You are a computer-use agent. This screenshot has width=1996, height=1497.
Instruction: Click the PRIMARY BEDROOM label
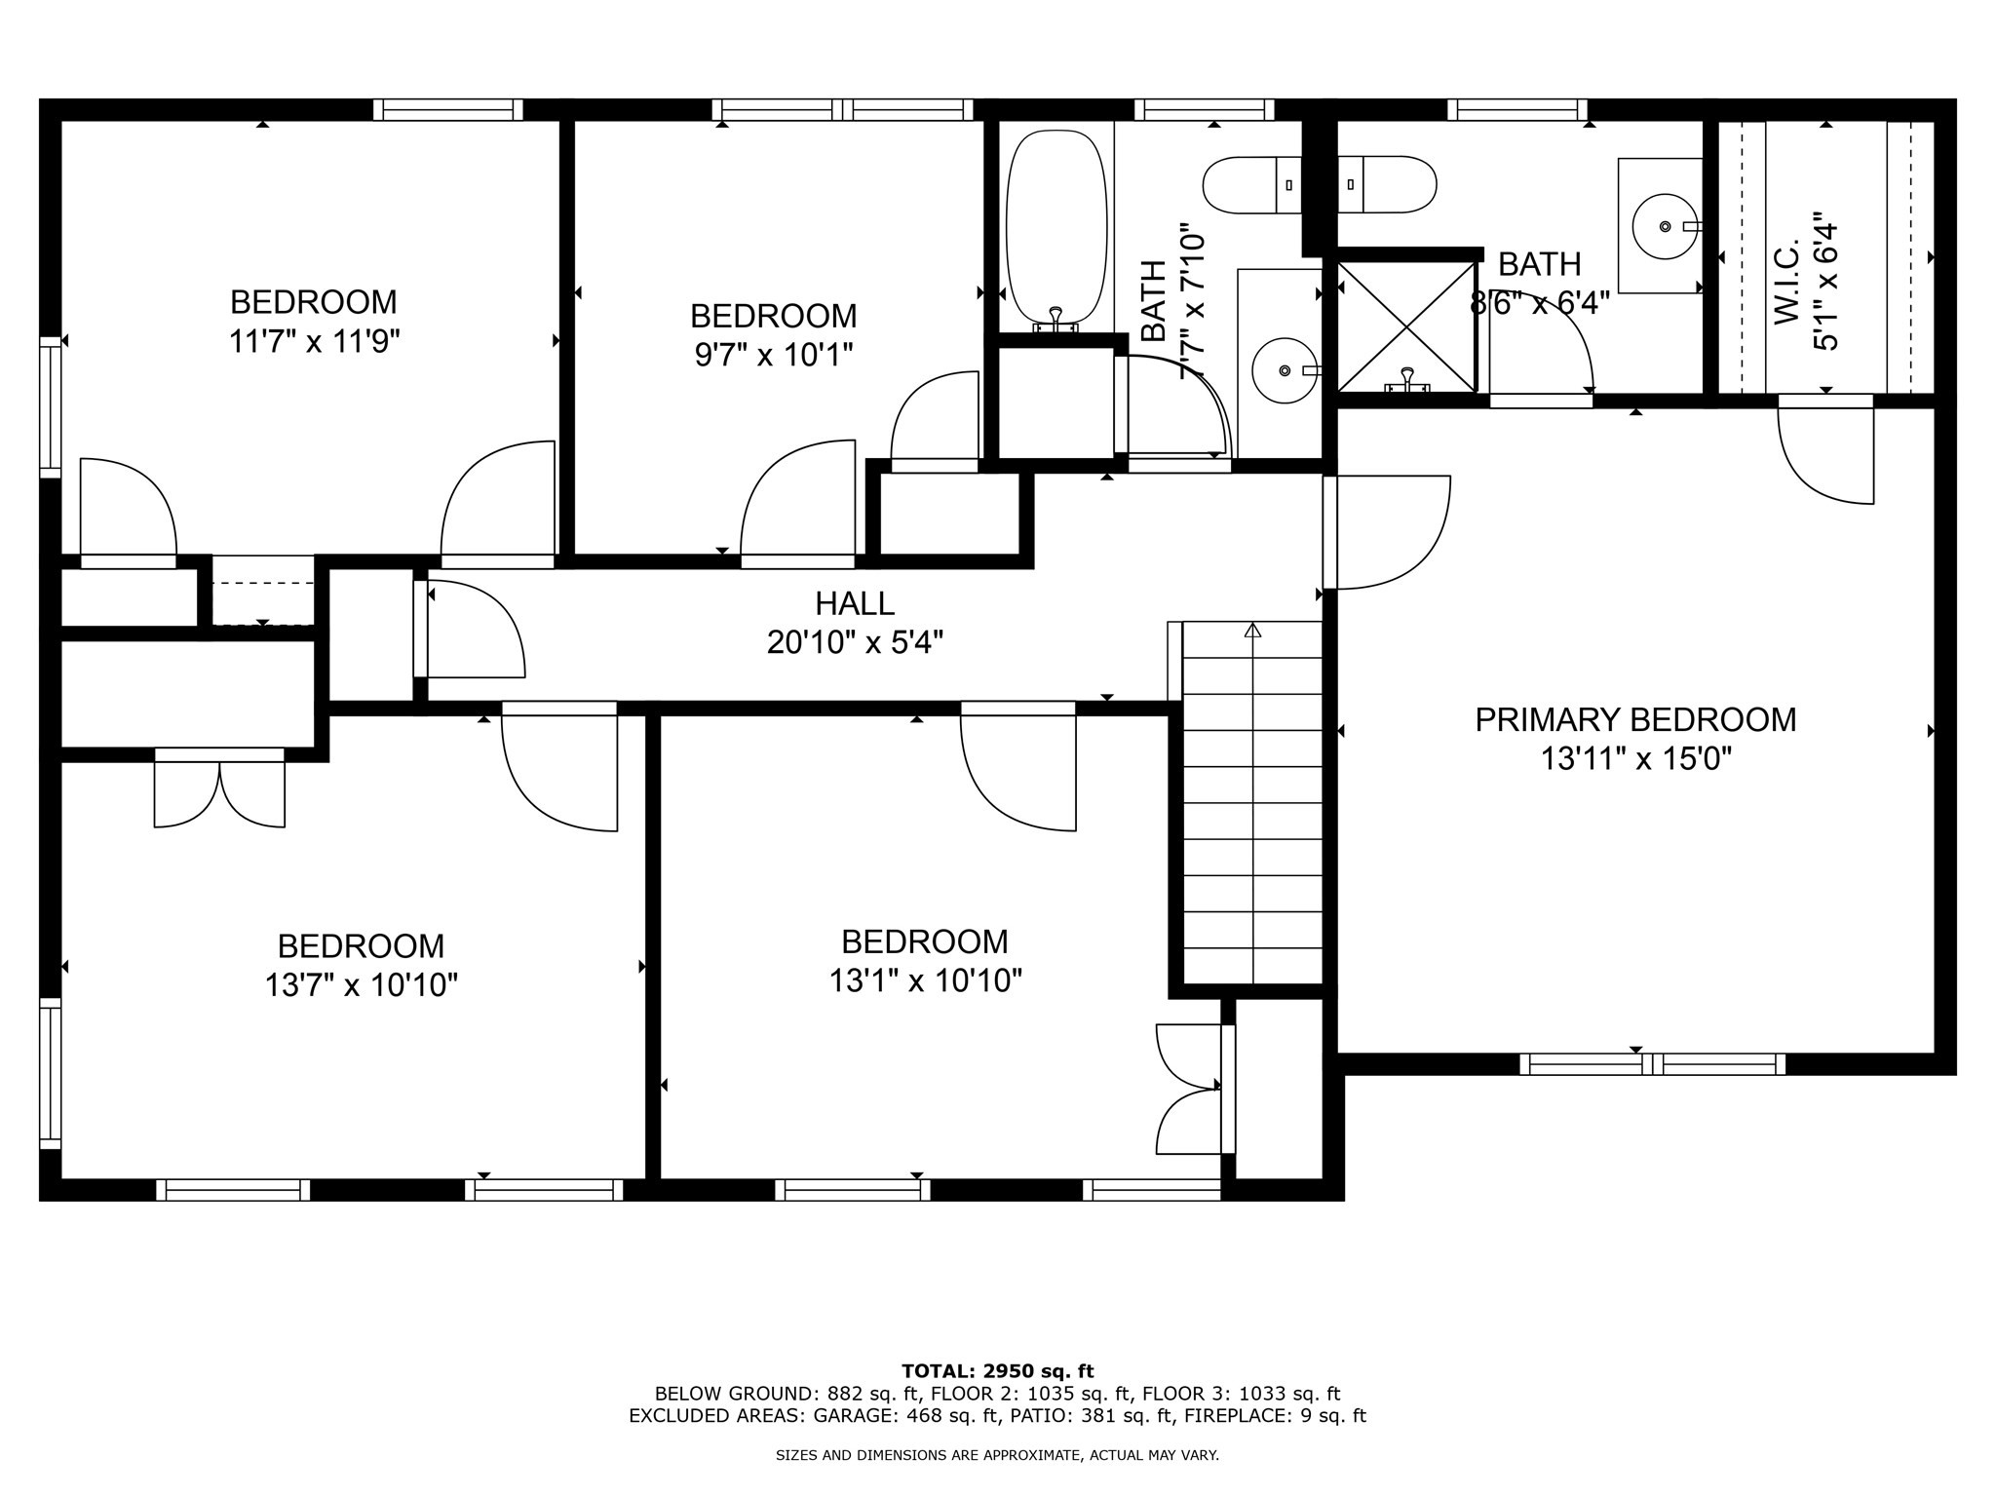click(1635, 719)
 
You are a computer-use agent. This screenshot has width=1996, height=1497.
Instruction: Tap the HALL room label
click(855, 604)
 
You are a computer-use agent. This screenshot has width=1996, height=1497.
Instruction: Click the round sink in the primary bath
click(1665, 226)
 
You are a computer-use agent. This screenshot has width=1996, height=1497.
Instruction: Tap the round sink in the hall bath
click(1284, 370)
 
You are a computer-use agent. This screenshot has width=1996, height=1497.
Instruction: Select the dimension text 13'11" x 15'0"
click(1635, 758)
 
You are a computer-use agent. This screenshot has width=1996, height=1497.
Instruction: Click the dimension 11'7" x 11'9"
click(314, 341)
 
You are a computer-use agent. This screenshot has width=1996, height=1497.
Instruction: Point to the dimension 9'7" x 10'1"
click(774, 355)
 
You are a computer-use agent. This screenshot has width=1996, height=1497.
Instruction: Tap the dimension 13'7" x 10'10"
click(362, 985)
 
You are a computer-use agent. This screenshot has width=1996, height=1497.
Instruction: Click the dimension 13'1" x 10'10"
click(925, 980)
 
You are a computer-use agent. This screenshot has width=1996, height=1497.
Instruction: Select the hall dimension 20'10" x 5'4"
click(855, 643)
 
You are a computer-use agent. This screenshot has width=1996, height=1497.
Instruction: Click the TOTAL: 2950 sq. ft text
click(998, 1371)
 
